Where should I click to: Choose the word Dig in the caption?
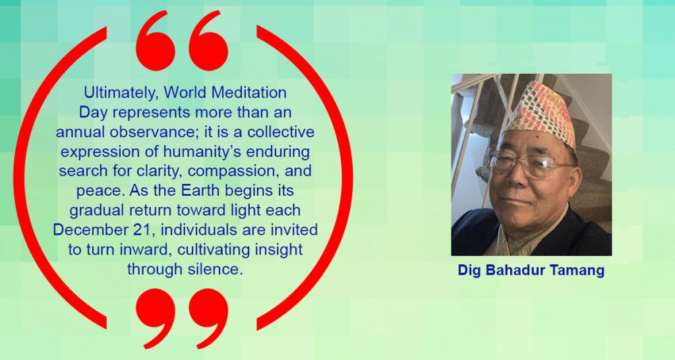(x=469, y=270)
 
